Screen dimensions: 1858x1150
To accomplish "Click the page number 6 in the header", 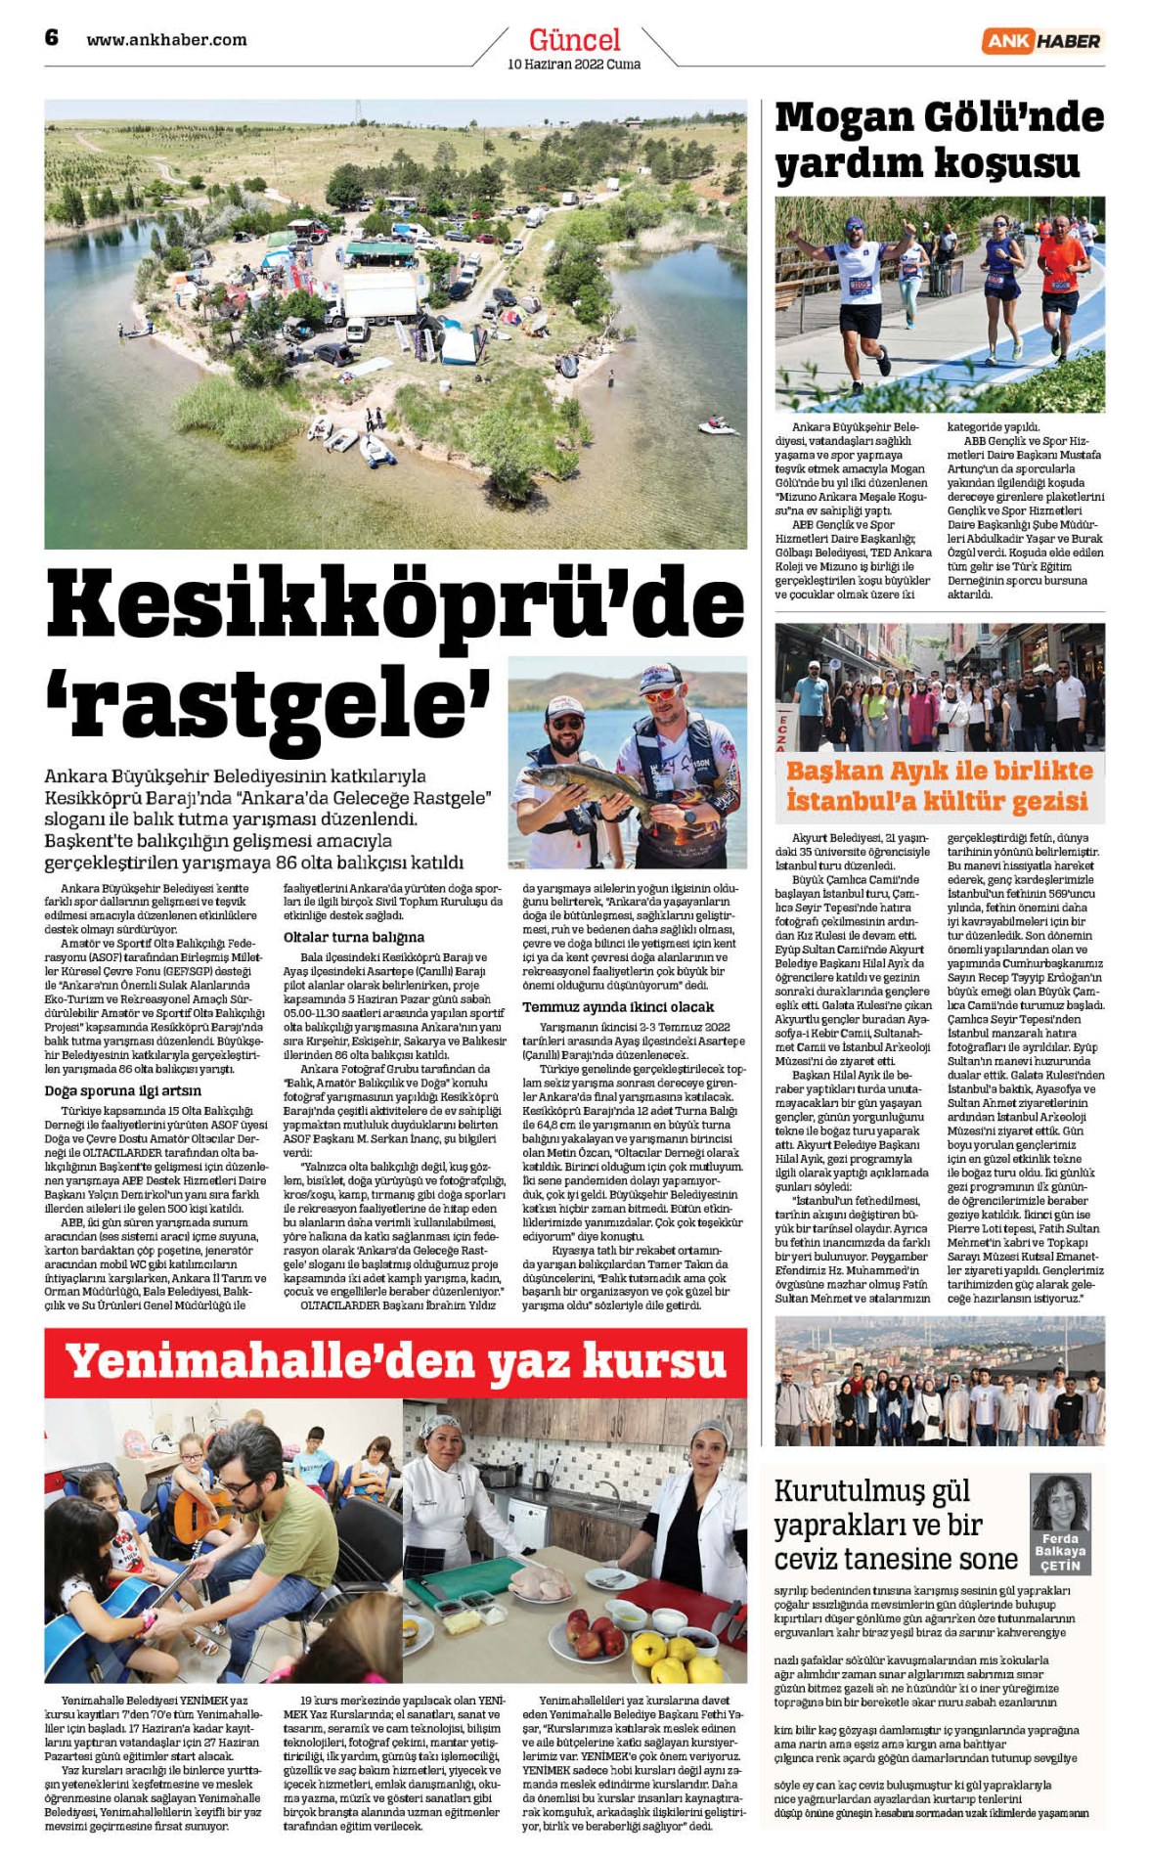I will click(x=52, y=37).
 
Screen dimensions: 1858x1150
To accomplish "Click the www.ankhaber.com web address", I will click(x=166, y=40).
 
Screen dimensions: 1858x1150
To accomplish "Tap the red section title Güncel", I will click(x=574, y=39).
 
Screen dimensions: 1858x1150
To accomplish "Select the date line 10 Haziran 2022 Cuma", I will click(x=574, y=65).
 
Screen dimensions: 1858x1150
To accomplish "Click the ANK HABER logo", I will click(x=1042, y=40).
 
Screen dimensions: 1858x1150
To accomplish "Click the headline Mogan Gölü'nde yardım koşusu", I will click(x=939, y=140).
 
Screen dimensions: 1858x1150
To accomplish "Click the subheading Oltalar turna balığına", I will click(x=354, y=937).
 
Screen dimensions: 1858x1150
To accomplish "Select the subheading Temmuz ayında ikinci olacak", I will click(x=618, y=1006).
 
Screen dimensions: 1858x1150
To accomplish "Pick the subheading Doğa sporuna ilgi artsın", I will click(x=123, y=1090).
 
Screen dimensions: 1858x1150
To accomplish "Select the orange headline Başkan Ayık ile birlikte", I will click(x=939, y=771).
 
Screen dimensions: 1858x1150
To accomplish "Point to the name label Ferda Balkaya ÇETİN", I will click(x=1060, y=1552).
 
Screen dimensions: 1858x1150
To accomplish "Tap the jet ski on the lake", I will click(x=718, y=426).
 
